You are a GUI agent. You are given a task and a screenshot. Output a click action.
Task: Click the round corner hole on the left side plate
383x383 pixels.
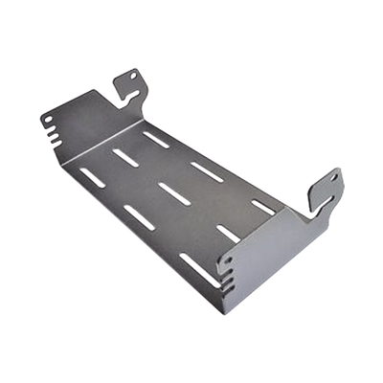46,119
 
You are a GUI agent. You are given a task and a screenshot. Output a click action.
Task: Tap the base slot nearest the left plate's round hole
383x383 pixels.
92,176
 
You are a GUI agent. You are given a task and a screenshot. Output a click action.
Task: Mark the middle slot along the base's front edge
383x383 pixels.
139,217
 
